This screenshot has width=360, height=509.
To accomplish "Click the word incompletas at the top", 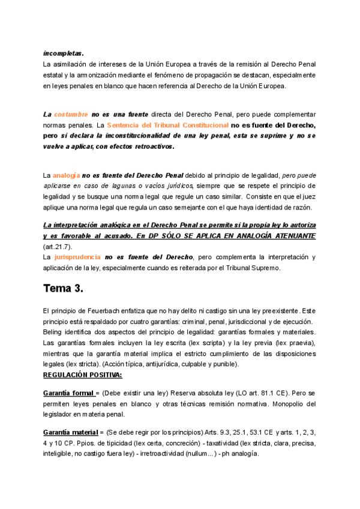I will click(63, 52).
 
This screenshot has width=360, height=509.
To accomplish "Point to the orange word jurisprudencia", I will click(77, 257).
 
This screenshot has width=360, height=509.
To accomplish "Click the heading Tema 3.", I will click(62, 288).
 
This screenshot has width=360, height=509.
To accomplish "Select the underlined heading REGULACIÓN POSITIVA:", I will click(82, 375).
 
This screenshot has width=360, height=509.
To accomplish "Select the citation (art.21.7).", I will click(59, 247).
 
